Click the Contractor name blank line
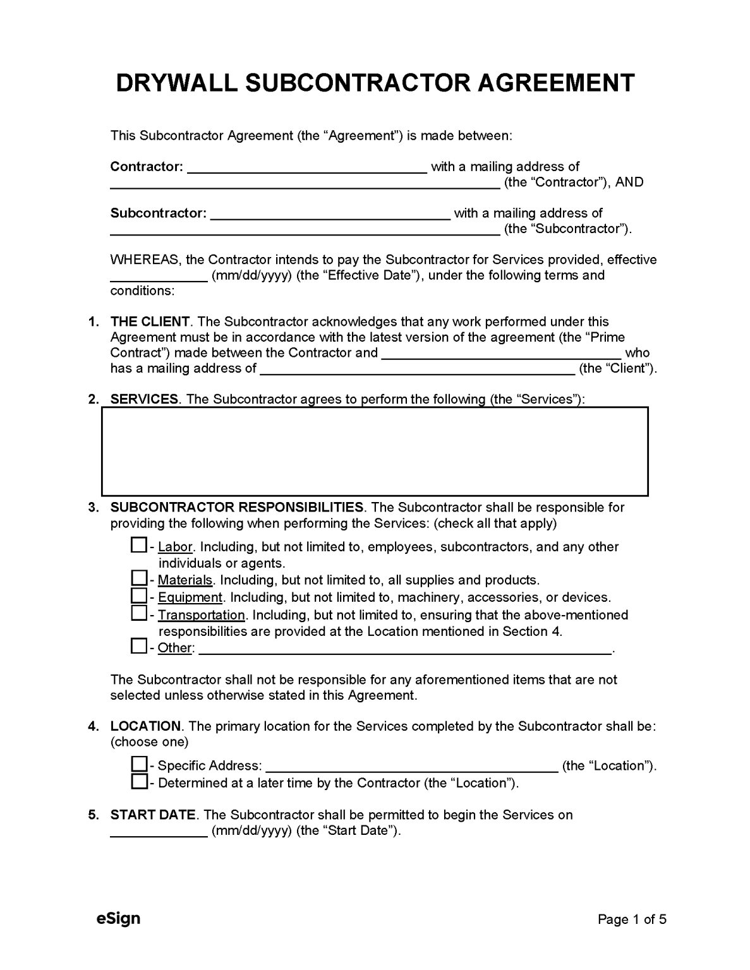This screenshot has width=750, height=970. pos(307,167)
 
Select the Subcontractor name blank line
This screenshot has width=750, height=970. pos(329,214)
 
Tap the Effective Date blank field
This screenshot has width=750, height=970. pos(159,276)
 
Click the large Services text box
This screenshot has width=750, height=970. pos(375,451)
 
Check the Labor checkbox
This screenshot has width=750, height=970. pos(138,545)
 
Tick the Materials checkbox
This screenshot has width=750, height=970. pos(138,578)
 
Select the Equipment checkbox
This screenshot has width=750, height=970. pos(138,596)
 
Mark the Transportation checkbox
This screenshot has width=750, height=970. pos(138,613)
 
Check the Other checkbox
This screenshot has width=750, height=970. pos(138,646)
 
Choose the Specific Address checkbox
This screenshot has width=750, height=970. pos(138,764)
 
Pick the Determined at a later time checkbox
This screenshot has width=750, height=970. pos(138,782)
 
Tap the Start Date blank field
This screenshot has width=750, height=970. pos(159,831)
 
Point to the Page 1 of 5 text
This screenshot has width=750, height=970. pos(632,919)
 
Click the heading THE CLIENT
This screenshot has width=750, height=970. pos(150,322)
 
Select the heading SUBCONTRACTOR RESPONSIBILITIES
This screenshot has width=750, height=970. pos(236,507)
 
